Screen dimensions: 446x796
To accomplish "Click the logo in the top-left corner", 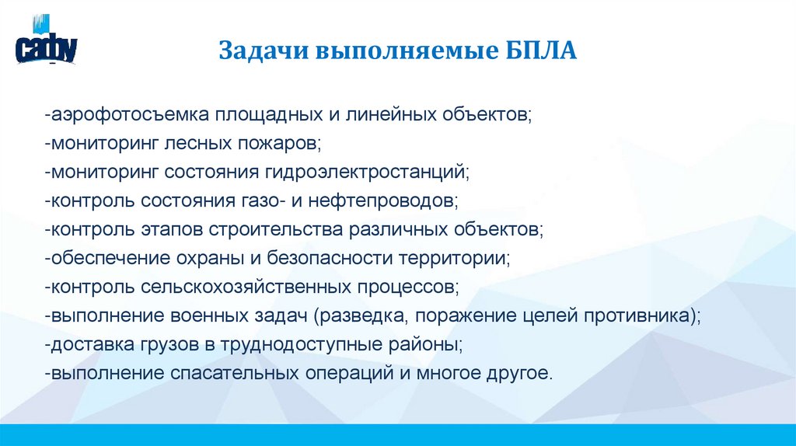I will tap(46, 46).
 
